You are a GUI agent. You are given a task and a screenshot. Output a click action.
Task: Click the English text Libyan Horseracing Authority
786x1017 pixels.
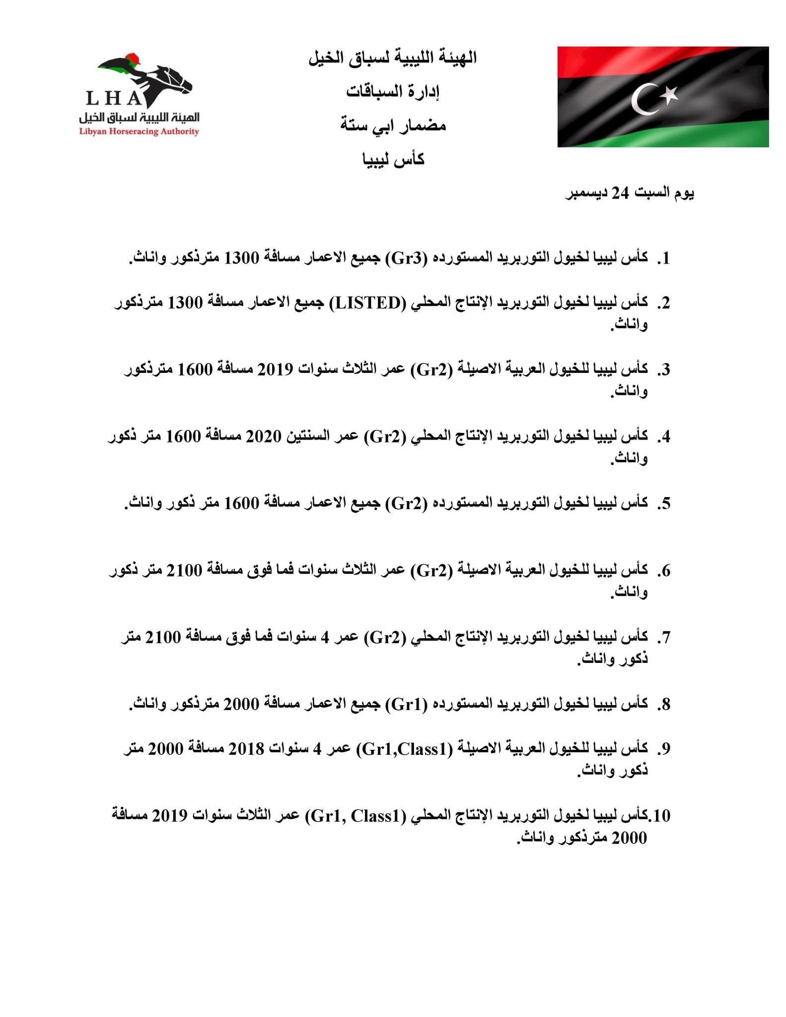(x=139, y=132)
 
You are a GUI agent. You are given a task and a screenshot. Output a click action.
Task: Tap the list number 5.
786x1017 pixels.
(x=664, y=504)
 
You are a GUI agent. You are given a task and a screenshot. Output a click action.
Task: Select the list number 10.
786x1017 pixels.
(x=661, y=815)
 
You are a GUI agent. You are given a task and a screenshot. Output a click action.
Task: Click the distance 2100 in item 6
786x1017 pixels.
(x=185, y=570)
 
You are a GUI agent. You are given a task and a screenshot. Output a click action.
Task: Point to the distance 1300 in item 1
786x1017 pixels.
(x=241, y=258)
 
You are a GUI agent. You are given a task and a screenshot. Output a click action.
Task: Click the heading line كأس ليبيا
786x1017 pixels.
(x=393, y=160)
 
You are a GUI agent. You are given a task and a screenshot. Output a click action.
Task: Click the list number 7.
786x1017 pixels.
(x=664, y=638)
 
